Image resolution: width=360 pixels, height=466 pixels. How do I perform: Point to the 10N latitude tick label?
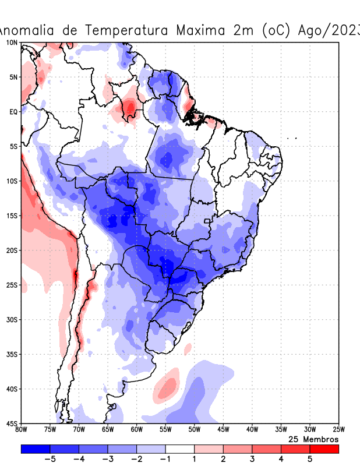[12, 43]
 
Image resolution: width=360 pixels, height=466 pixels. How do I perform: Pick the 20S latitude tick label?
[12, 250]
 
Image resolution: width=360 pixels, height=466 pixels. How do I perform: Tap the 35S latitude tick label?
[12, 354]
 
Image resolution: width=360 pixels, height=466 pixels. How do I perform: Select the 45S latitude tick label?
[12, 423]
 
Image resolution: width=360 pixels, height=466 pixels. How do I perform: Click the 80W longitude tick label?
[22, 430]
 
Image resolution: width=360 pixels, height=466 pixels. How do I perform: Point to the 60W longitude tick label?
[137, 430]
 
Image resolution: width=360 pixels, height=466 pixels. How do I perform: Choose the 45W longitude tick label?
[223, 430]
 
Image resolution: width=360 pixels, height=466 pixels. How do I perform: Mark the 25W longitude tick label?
[338, 430]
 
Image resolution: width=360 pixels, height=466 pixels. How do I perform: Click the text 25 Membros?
[313, 439]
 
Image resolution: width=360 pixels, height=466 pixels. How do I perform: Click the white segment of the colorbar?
[179, 449]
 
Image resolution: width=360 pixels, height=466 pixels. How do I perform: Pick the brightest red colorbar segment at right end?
[324, 449]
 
